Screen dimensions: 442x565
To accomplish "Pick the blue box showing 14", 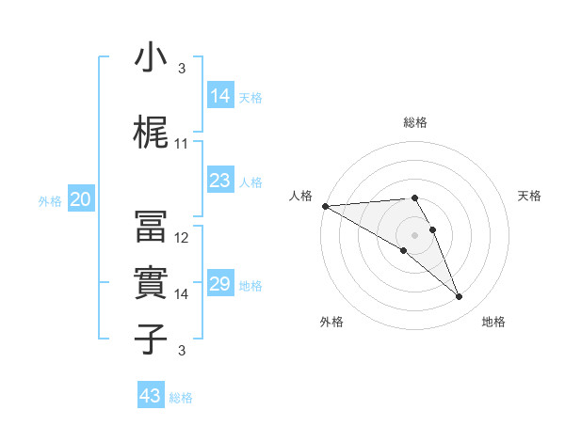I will (220, 96).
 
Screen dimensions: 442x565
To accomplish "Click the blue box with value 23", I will (220, 181).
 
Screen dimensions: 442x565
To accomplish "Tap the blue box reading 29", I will (220, 284).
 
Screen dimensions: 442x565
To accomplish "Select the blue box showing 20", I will (81, 199).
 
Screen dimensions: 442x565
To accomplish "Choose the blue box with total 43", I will (151, 396).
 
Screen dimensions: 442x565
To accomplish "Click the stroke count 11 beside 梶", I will (182, 144).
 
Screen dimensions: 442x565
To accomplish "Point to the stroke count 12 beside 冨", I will (182, 238).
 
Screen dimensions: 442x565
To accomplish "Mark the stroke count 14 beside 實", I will (182, 294).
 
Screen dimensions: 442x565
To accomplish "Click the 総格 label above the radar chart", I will (415, 122).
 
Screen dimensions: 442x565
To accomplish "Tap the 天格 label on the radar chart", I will (530, 196).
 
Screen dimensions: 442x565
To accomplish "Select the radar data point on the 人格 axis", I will (325, 206).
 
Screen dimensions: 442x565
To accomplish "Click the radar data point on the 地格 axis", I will (460, 297).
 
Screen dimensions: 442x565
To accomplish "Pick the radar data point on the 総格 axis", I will (414, 197).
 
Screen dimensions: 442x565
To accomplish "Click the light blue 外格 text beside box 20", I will (50, 200).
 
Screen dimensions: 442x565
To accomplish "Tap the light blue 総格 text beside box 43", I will (182, 398).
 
